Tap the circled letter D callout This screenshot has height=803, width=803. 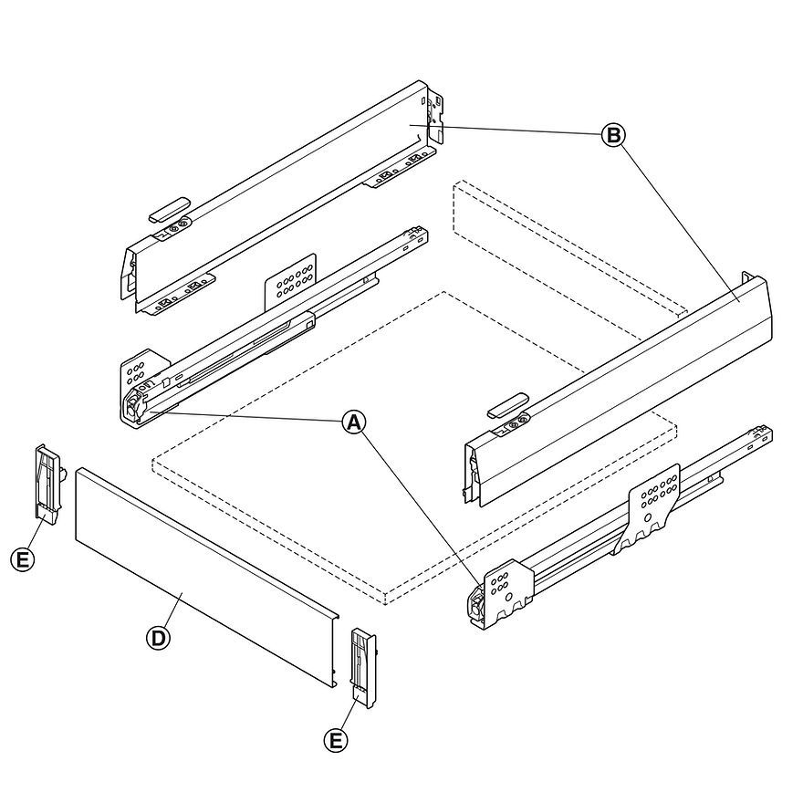click(158, 638)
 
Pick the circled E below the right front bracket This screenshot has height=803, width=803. click(337, 739)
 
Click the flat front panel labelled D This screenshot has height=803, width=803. click(201, 575)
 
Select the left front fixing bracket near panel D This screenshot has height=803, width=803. click(48, 484)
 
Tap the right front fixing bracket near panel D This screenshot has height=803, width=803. click(364, 667)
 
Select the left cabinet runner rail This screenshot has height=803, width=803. click(274, 328)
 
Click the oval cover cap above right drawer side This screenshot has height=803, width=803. click(507, 404)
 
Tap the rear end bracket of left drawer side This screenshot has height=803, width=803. click(437, 114)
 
